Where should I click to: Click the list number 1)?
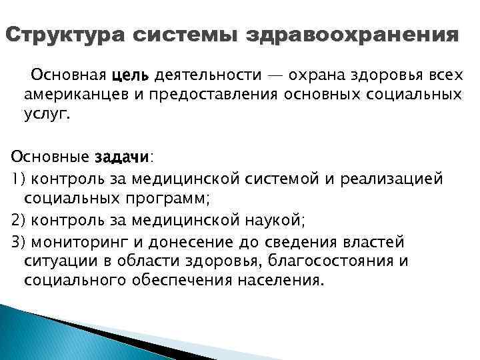pyautogui.click(x=17, y=179)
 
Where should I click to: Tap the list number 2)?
pyautogui.click(x=18, y=219)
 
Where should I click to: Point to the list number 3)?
pyautogui.click(x=18, y=240)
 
